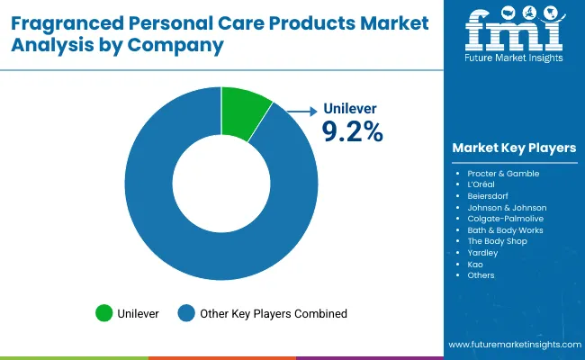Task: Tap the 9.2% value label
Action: [x=352, y=131]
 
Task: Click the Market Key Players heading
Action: [x=514, y=148]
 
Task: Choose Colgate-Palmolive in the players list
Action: [x=505, y=219]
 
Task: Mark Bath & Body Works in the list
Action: [x=505, y=230]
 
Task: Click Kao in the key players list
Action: [x=475, y=265]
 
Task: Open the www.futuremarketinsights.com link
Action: [x=513, y=345]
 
